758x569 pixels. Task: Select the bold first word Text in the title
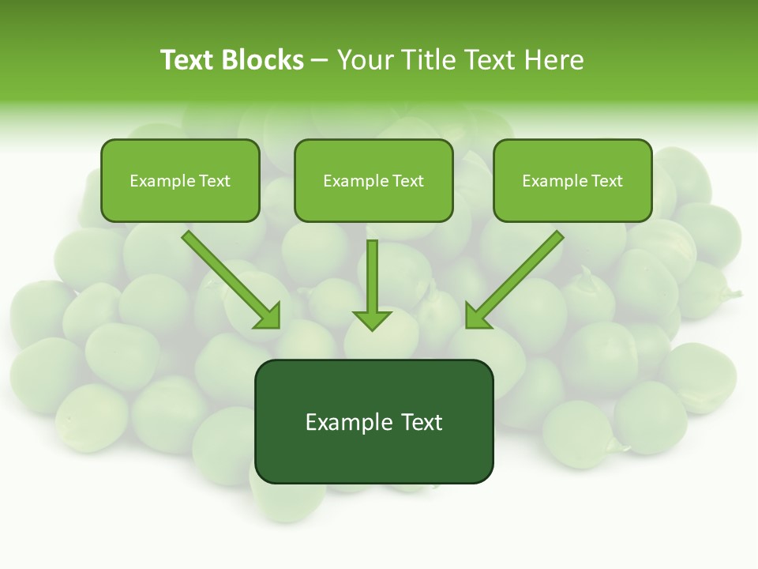(188, 60)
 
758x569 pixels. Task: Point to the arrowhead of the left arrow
(268, 316)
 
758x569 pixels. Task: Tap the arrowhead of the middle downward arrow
(372, 321)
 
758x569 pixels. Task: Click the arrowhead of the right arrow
(476, 316)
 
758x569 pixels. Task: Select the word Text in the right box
(606, 181)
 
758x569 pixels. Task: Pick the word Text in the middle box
(407, 181)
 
